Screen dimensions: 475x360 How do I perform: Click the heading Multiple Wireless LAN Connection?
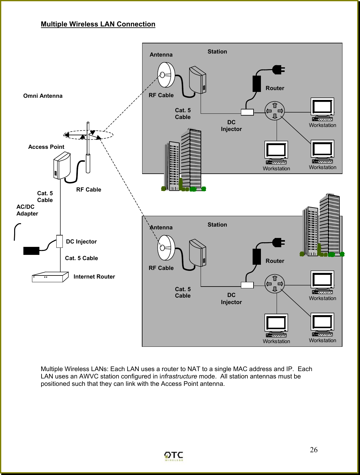click(x=98, y=24)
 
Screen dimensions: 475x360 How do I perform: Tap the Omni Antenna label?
click(x=43, y=96)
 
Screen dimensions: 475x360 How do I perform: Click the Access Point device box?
click(x=62, y=166)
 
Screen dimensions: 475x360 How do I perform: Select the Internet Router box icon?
click(x=50, y=277)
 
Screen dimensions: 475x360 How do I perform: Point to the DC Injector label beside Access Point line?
click(x=81, y=242)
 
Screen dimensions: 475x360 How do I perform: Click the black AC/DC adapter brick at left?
click(x=31, y=251)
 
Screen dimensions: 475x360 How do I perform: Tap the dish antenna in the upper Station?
click(x=166, y=75)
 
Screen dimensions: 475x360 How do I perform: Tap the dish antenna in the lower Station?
click(x=166, y=247)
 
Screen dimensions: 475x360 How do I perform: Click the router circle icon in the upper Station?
click(x=274, y=111)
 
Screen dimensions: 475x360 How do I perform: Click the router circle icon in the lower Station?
click(x=274, y=283)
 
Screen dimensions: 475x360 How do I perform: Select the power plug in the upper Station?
click(x=278, y=70)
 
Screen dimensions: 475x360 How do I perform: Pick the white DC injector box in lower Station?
click(x=247, y=285)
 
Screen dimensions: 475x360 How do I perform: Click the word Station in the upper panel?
click(x=217, y=52)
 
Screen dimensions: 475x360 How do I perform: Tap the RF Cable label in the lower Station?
click(x=161, y=268)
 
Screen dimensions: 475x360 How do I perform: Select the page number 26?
click(x=314, y=450)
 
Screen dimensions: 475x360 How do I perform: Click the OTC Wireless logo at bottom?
click(x=174, y=456)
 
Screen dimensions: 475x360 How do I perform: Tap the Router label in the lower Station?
click(x=275, y=261)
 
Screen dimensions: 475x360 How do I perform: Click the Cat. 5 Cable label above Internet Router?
click(x=81, y=258)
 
